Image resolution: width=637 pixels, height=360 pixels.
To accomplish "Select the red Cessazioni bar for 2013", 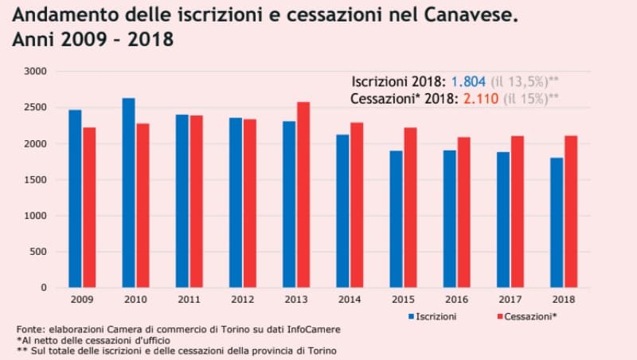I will point(303,194).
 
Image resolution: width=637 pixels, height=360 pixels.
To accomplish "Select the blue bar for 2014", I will point(342,211).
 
